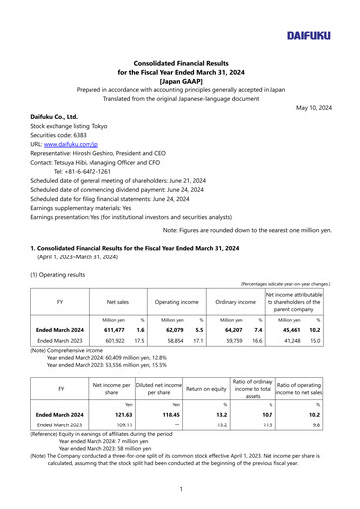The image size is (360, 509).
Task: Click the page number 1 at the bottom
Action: click(x=180, y=490)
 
